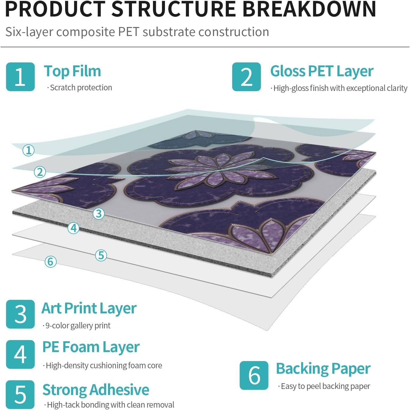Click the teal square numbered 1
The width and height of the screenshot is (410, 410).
(x=20, y=77)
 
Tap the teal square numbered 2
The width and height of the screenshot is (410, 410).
(x=246, y=77)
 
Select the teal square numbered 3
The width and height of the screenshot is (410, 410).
(x=20, y=314)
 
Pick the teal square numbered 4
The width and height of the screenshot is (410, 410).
(x=20, y=354)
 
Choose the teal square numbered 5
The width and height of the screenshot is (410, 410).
(x=20, y=394)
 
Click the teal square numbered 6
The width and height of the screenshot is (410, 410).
(x=254, y=375)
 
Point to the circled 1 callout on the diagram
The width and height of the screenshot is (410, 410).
(x=28, y=151)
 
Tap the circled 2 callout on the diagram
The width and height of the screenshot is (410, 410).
(x=40, y=172)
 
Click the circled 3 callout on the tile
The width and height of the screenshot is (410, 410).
(x=99, y=213)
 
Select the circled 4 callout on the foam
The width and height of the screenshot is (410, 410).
(x=73, y=228)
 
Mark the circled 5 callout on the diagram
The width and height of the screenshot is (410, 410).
(x=101, y=255)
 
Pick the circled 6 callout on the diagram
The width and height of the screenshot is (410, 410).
(x=51, y=261)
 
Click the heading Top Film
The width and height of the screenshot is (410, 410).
(x=72, y=71)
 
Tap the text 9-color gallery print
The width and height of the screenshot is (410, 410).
(x=77, y=326)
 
